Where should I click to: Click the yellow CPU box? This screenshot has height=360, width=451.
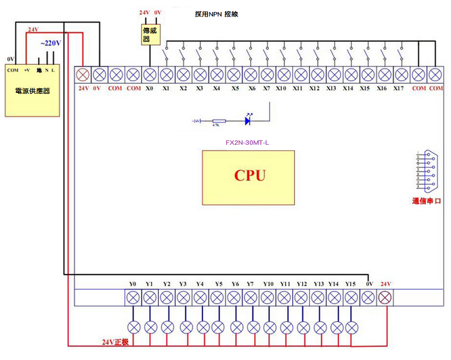point(248,177)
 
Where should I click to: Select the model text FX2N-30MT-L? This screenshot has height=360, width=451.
point(247,143)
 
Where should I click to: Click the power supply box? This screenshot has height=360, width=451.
point(33,90)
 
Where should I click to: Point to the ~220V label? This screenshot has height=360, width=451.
point(50,43)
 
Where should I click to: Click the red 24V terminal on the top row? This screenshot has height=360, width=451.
point(83,75)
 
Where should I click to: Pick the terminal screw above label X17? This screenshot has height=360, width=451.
point(401,75)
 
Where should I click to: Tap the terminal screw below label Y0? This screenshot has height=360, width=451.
point(133,298)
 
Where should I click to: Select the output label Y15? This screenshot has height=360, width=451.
point(350,284)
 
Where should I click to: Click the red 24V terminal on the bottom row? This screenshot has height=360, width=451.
point(385,298)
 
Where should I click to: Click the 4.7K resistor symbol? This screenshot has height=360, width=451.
point(219,121)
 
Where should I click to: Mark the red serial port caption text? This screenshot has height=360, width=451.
point(427,201)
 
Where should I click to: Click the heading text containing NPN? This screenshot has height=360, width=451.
point(216,14)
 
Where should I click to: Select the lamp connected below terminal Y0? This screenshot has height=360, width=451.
point(134,328)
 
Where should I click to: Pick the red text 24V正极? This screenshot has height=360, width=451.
point(115,343)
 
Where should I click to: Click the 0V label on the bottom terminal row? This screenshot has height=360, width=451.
point(368,284)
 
